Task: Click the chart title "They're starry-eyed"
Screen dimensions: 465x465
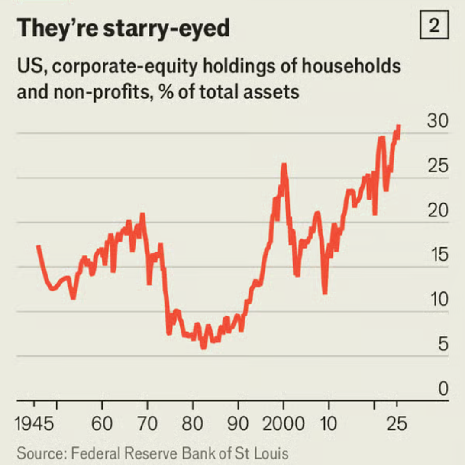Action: point(123,29)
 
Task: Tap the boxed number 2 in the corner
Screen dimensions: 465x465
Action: point(433,27)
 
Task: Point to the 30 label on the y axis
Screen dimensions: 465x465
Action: point(437,122)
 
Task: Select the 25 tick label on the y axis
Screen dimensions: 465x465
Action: point(437,167)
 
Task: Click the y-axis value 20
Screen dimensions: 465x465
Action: point(437,211)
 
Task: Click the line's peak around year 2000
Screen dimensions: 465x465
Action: point(284,165)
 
